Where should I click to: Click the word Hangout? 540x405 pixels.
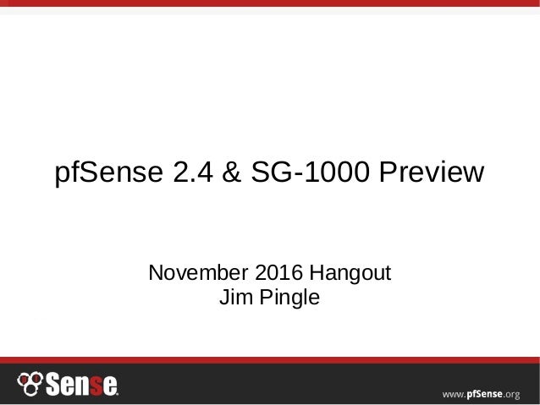349,276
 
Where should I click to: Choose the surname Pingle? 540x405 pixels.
288,299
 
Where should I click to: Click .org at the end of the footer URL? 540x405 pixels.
517,391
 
